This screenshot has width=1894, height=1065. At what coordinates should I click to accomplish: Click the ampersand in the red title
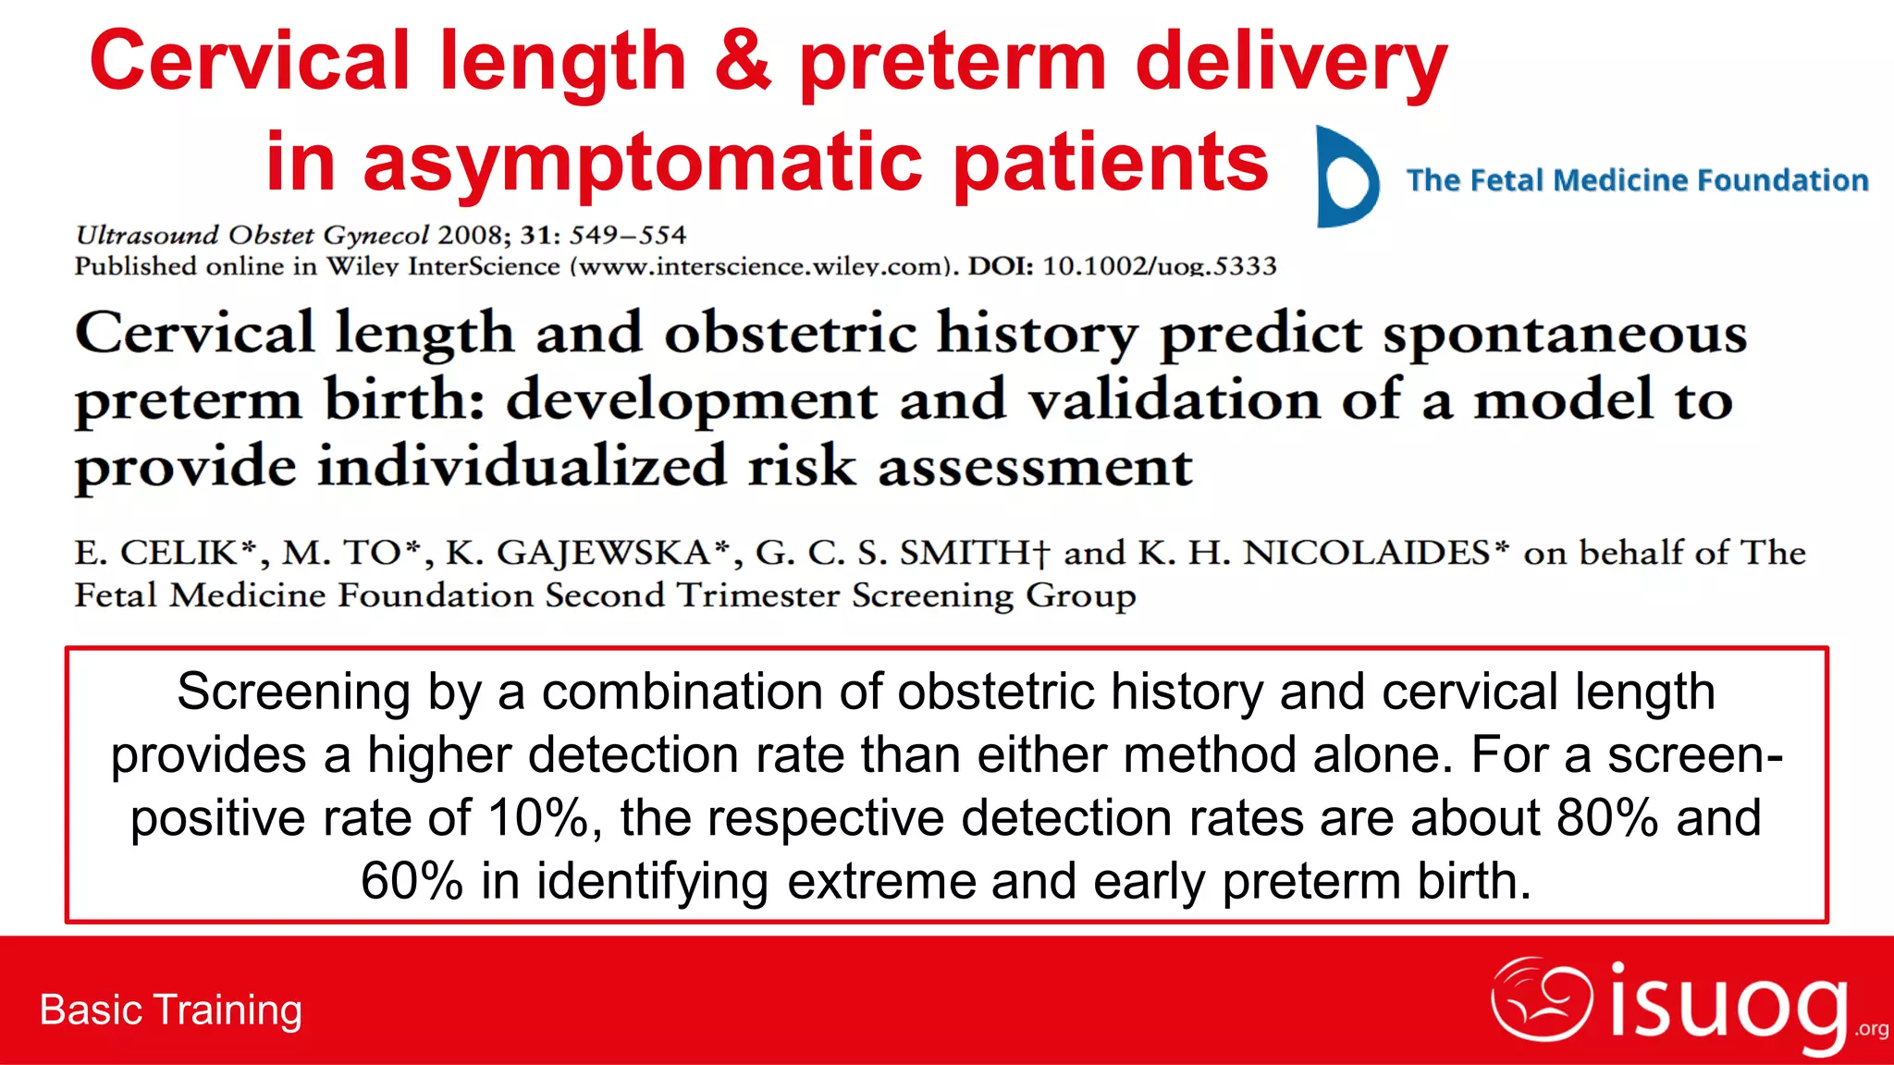click(x=743, y=61)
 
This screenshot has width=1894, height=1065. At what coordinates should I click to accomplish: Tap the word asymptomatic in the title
click(x=643, y=163)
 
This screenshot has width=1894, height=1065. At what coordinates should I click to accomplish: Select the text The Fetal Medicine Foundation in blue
click(x=1637, y=180)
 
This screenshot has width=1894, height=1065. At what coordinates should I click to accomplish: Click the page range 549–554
click(x=628, y=235)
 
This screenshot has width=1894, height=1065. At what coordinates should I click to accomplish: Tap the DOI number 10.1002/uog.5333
click(x=1160, y=266)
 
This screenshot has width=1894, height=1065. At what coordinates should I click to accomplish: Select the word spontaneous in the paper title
click(x=1565, y=333)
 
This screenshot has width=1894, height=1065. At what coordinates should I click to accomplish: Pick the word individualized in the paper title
click(x=523, y=466)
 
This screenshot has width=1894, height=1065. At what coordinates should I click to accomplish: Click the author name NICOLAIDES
click(x=1366, y=553)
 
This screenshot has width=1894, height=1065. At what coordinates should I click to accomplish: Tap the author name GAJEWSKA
click(x=603, y=553)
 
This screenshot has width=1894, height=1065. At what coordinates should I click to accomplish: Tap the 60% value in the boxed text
click(x=412, y=881)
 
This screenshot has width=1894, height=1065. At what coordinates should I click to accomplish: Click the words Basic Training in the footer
click(x=171, y=1010)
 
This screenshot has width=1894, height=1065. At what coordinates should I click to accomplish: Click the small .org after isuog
click(x=1871, y=1030)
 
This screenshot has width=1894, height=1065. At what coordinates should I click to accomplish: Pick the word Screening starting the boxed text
click(x=293, y=692)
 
